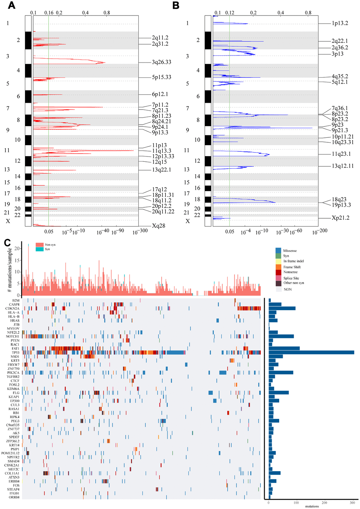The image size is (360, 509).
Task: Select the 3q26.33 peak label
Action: click(x=162, y=62)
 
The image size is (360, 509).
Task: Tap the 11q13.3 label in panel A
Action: click(x=162, y=151)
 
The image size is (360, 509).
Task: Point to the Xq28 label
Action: click(x=159, y=226)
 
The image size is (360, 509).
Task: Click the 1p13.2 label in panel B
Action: click(x=340, y=23)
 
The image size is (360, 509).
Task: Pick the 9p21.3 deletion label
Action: click(x=340, y=130)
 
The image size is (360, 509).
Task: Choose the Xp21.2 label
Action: click(x=340, y=218)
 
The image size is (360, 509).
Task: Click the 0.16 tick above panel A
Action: click(x=49, y=13)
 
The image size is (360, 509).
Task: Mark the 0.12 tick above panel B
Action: click(x=230, y=13)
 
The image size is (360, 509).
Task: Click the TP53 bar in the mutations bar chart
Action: click(x=311, y=353)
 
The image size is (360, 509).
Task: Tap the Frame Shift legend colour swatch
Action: click(x=278, y=267)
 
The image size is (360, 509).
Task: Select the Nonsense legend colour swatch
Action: click(x=278, y=272)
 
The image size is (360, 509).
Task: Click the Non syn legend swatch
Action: click(x=40, y=244)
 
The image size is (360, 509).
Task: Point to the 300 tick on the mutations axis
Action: click(x=352, y=503)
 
